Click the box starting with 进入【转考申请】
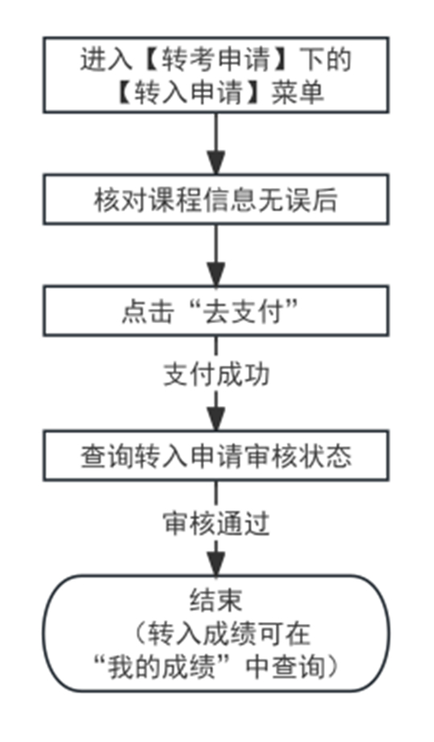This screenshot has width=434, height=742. pyautogui.click(x=216, y=75)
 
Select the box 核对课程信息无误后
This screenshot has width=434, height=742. pyautogui.click(x=216, y=199)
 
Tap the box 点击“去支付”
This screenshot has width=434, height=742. pyautogui.click(x=216, y=311)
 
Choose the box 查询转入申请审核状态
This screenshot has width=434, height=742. pyautogui.click(x=216, y=456)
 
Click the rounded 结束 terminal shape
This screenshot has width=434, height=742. pyautogui.click(x=216, y=633)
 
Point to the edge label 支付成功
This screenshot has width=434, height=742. pyautogui.click(x=216, y=375)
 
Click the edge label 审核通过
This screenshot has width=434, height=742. pyautogui.click(x=216, y=524)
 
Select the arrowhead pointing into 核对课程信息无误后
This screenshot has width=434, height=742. pyautogui.click(x=216, y=163)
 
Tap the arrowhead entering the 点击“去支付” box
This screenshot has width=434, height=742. pyautogui.click(x=216, y=275)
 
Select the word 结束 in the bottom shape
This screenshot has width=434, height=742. pyautogui.click(x=216, y=600)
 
